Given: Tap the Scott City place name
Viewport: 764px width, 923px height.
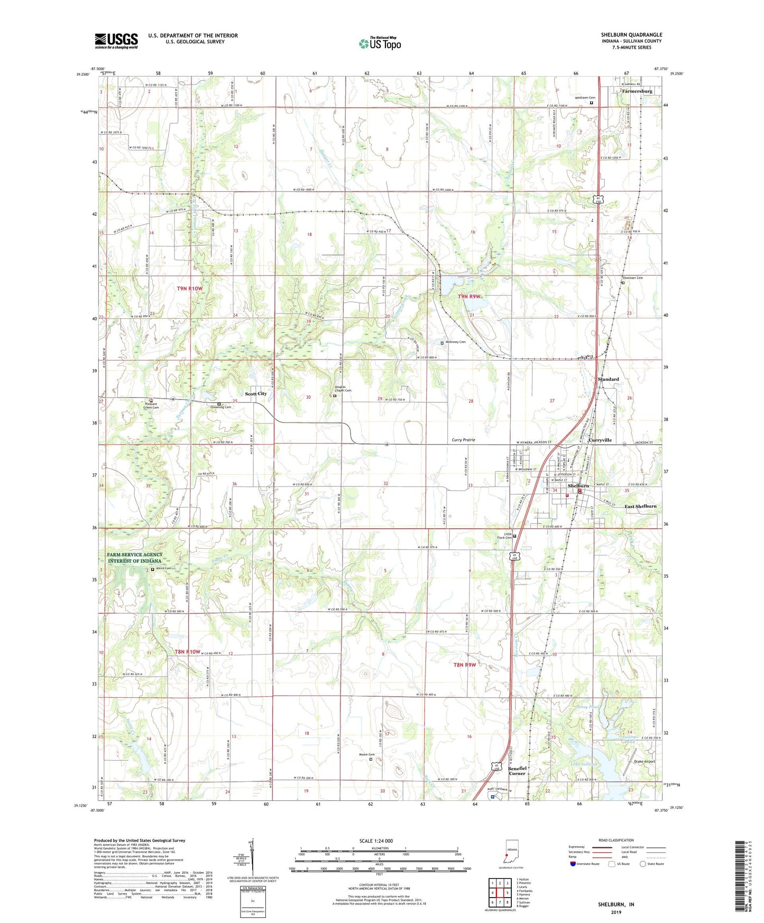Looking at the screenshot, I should tap(256, 394).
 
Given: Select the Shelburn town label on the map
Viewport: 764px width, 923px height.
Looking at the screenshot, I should tap(578, 485).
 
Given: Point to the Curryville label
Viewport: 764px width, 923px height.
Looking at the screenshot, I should tap(600, 440).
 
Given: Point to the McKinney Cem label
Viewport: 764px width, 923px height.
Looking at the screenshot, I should tap(455, 342).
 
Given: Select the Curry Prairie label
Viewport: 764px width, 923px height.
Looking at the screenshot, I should tap(463, 440).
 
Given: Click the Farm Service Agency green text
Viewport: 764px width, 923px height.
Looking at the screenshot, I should tap(135, 558).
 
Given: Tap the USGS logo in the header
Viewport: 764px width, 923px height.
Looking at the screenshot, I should tap(116, 40).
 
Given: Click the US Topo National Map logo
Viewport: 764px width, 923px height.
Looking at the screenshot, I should tap(380, 43).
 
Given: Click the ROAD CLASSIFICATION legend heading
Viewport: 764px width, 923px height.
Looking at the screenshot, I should tap(615, 840).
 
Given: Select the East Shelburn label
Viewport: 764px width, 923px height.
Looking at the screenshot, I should tap(640, 506).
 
